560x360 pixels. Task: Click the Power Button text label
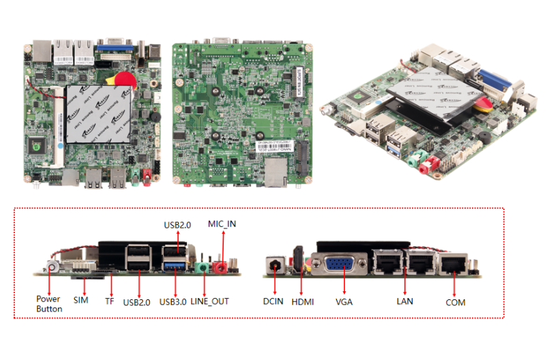tap(48, 304)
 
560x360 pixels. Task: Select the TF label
tap(108, 299)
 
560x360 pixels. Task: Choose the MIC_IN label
tap(222, 224)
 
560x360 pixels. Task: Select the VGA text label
tap(344, 301)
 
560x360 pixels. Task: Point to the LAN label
tap(404, 301)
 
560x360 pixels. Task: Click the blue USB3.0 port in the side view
tap(173, 266)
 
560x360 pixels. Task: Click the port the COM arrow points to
tap(453, 262)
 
